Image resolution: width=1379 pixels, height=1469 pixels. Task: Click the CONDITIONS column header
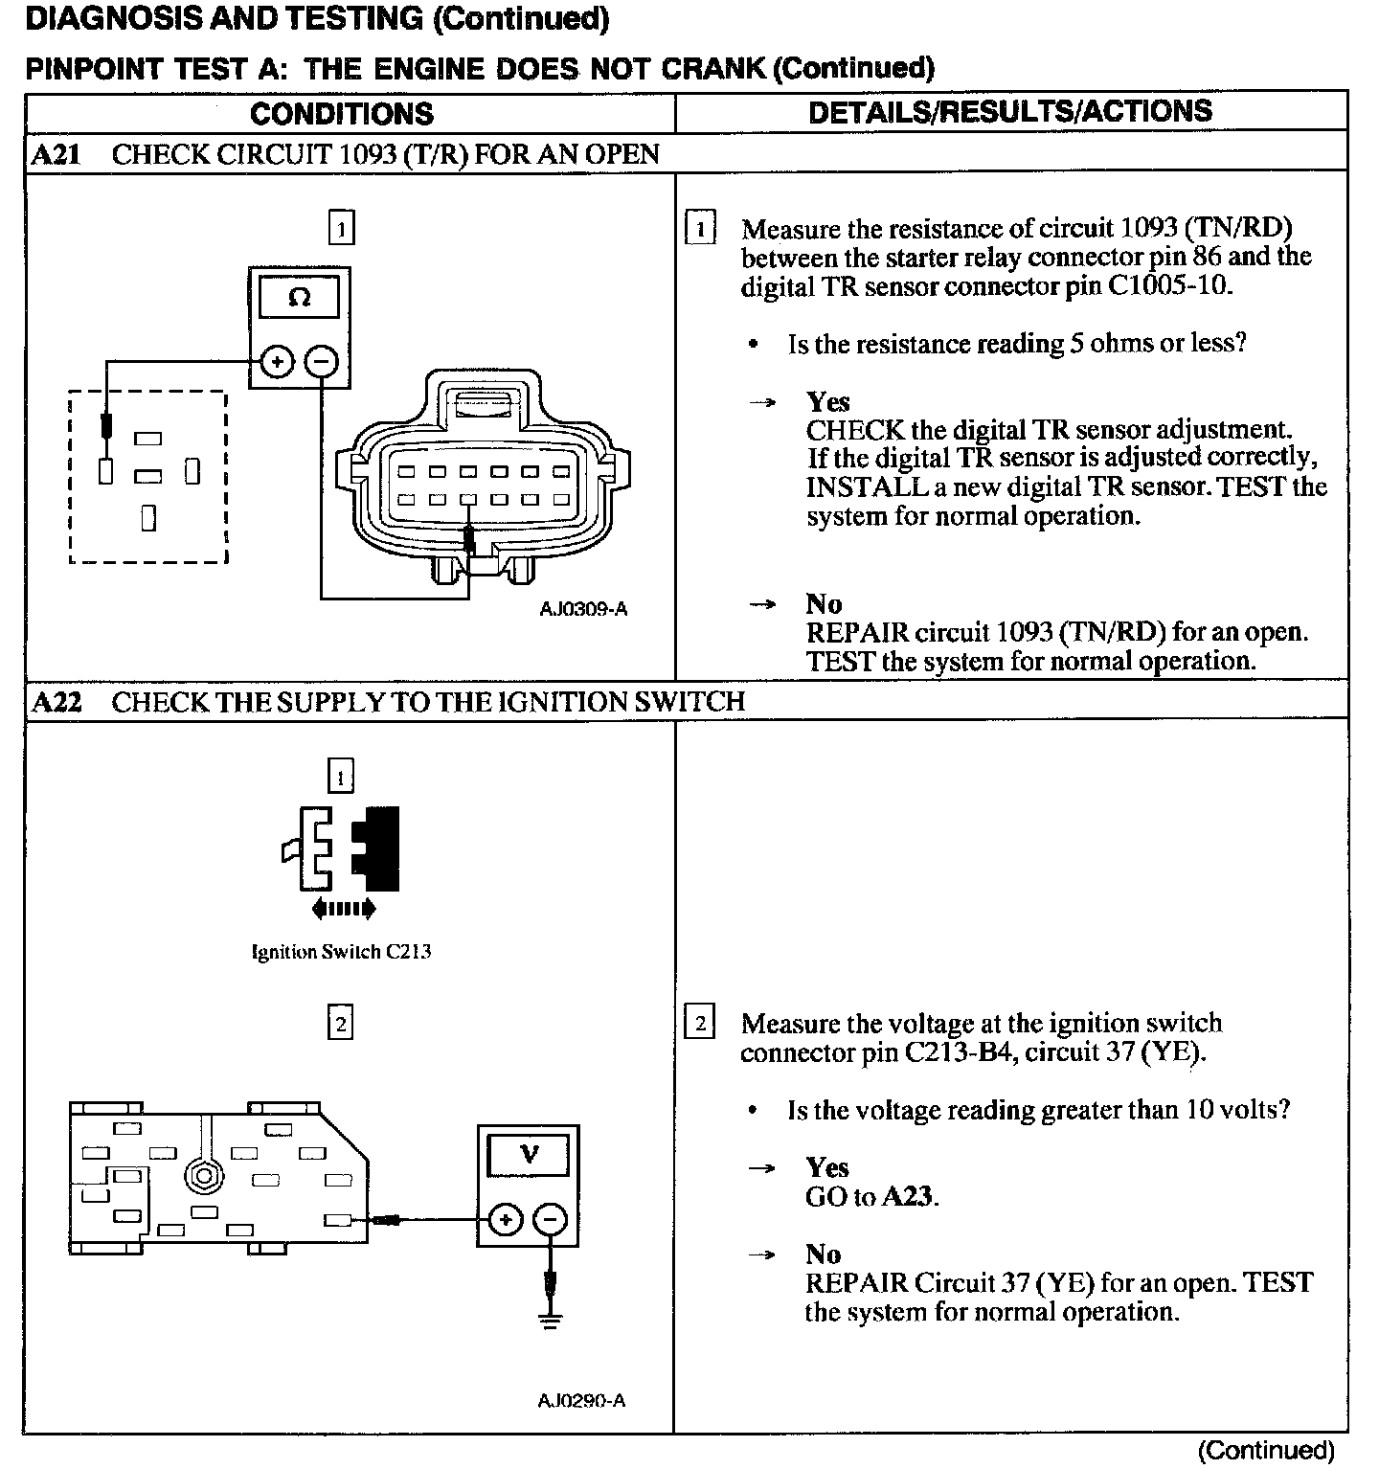coord(342,114)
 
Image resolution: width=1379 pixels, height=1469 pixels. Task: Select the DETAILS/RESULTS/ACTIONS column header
coord(1009,112)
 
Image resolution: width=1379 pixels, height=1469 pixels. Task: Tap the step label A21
coord(56,155)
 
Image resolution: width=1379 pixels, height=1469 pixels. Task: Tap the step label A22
coord(56,702)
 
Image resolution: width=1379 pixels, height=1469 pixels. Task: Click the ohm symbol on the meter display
coord(299,298)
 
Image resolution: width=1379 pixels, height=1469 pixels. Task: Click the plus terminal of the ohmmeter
coord(278,362)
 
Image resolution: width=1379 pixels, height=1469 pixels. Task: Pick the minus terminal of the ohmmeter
coord(322,362)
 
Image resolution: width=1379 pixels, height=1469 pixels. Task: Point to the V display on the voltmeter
coord(529,1154)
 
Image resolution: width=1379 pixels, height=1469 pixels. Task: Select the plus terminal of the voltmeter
coord(505,1219)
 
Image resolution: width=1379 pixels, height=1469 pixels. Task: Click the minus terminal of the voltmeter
coord(550,1219)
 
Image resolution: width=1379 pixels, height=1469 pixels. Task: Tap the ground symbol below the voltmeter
coord(550,1322)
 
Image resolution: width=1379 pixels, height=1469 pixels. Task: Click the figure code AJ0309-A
coord(583,609)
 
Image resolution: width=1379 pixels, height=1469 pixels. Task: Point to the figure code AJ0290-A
coord(581,1401)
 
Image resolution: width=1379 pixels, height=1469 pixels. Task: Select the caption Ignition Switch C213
coord(341,952)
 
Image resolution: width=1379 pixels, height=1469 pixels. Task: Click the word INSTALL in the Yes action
coord(867,486)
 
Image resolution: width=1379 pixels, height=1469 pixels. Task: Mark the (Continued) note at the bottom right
coord(1265,1450)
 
